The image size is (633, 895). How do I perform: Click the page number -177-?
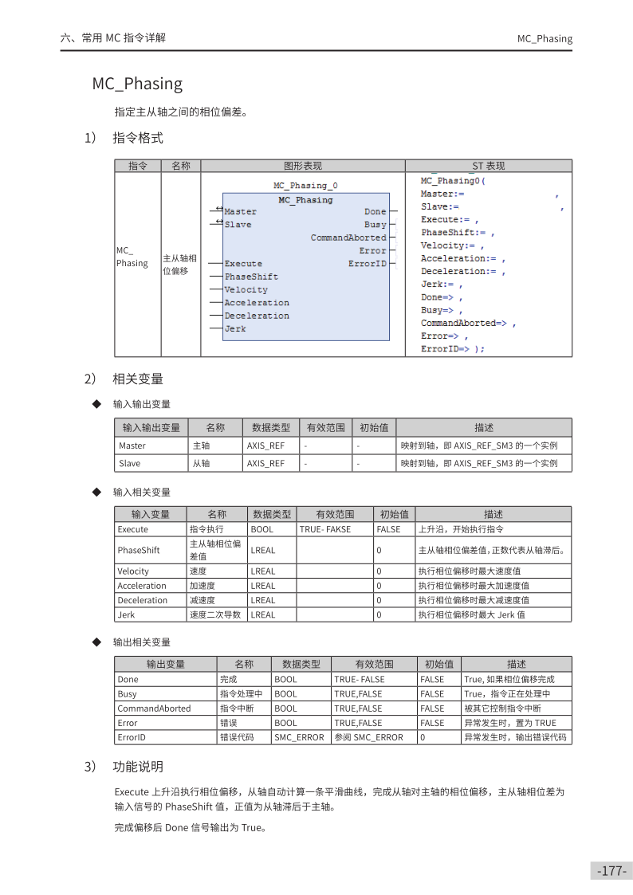[x=612, y=870]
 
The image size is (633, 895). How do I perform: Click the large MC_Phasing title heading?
[x=137, y=84]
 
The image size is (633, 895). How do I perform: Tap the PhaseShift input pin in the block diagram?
[x=251, y=277]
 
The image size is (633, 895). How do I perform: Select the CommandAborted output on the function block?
[x=348, y=237]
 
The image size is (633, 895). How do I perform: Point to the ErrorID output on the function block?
[x=367, y=264]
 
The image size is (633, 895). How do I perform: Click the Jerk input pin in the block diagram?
[x=235, y=328]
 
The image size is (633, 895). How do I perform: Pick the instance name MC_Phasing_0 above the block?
[x=305, y=185]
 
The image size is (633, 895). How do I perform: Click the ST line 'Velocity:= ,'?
[x=453, y=245]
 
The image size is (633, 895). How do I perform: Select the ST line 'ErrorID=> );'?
[x=452, y=348]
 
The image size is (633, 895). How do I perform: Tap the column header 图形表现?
[x=303, y=166]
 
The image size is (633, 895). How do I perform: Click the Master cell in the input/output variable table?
[x=132, y=446]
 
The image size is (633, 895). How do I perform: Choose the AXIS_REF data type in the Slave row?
[x=265, y=463]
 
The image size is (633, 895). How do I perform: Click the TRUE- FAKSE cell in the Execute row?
[x=325, y=529]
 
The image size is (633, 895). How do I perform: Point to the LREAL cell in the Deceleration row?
[x=263, y=600]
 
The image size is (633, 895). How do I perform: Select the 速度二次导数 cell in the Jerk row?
[x=215, y=614]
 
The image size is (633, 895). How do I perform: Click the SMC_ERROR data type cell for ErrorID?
[x=300, y=737]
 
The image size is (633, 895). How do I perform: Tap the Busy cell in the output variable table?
[x=127, y=693]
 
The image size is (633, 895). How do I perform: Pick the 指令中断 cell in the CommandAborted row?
[x=236, y=708]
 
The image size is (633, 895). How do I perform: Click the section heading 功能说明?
[x=138, y=767]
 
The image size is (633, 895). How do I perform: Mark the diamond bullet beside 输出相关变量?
[x=96, y=642]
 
